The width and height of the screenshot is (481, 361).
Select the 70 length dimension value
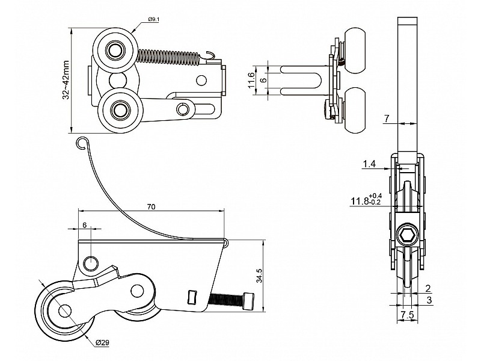coord(151,206)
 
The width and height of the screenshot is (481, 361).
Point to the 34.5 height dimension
coord(260,276)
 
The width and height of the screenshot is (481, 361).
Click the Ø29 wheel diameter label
coord(102,342)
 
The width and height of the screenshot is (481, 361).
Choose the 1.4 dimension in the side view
coord(369,163)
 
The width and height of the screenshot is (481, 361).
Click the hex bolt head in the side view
coord(407,235)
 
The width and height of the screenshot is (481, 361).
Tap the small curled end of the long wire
coord(82,142)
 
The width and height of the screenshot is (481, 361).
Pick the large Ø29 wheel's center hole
coord(64,310)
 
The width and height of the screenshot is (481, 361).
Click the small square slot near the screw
coord(192,297)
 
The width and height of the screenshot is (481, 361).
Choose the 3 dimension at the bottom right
coord(429,299)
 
